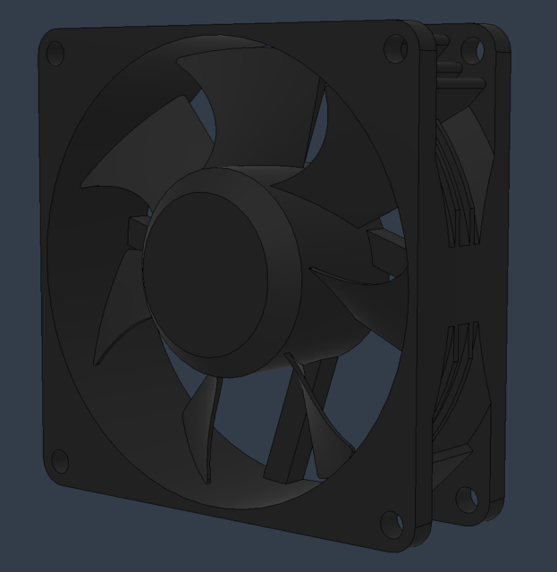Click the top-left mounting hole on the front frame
coord(55,55)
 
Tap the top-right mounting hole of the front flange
coord(395,49)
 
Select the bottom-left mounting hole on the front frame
coord(59,461)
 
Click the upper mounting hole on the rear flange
coord(472,52)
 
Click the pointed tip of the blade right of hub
coord(313,269)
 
